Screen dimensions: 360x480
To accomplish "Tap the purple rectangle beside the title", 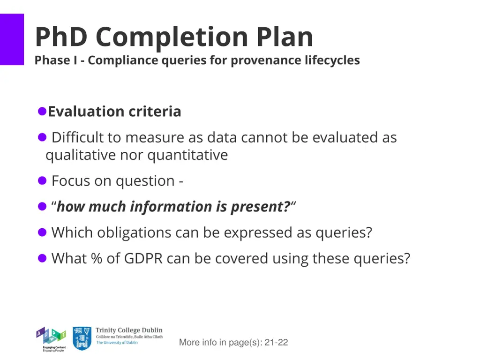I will tap(12, 39).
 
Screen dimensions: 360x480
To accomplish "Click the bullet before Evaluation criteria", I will tap(42, 111).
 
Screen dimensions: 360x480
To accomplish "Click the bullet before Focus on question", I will tap(42, 180).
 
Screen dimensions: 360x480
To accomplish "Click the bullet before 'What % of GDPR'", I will tap(42, 258).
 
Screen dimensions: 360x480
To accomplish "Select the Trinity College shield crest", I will tap(82, 338).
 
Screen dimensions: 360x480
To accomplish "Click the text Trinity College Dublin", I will tap(129, 330).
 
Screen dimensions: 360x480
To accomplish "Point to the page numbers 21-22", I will tap(276, 343).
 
